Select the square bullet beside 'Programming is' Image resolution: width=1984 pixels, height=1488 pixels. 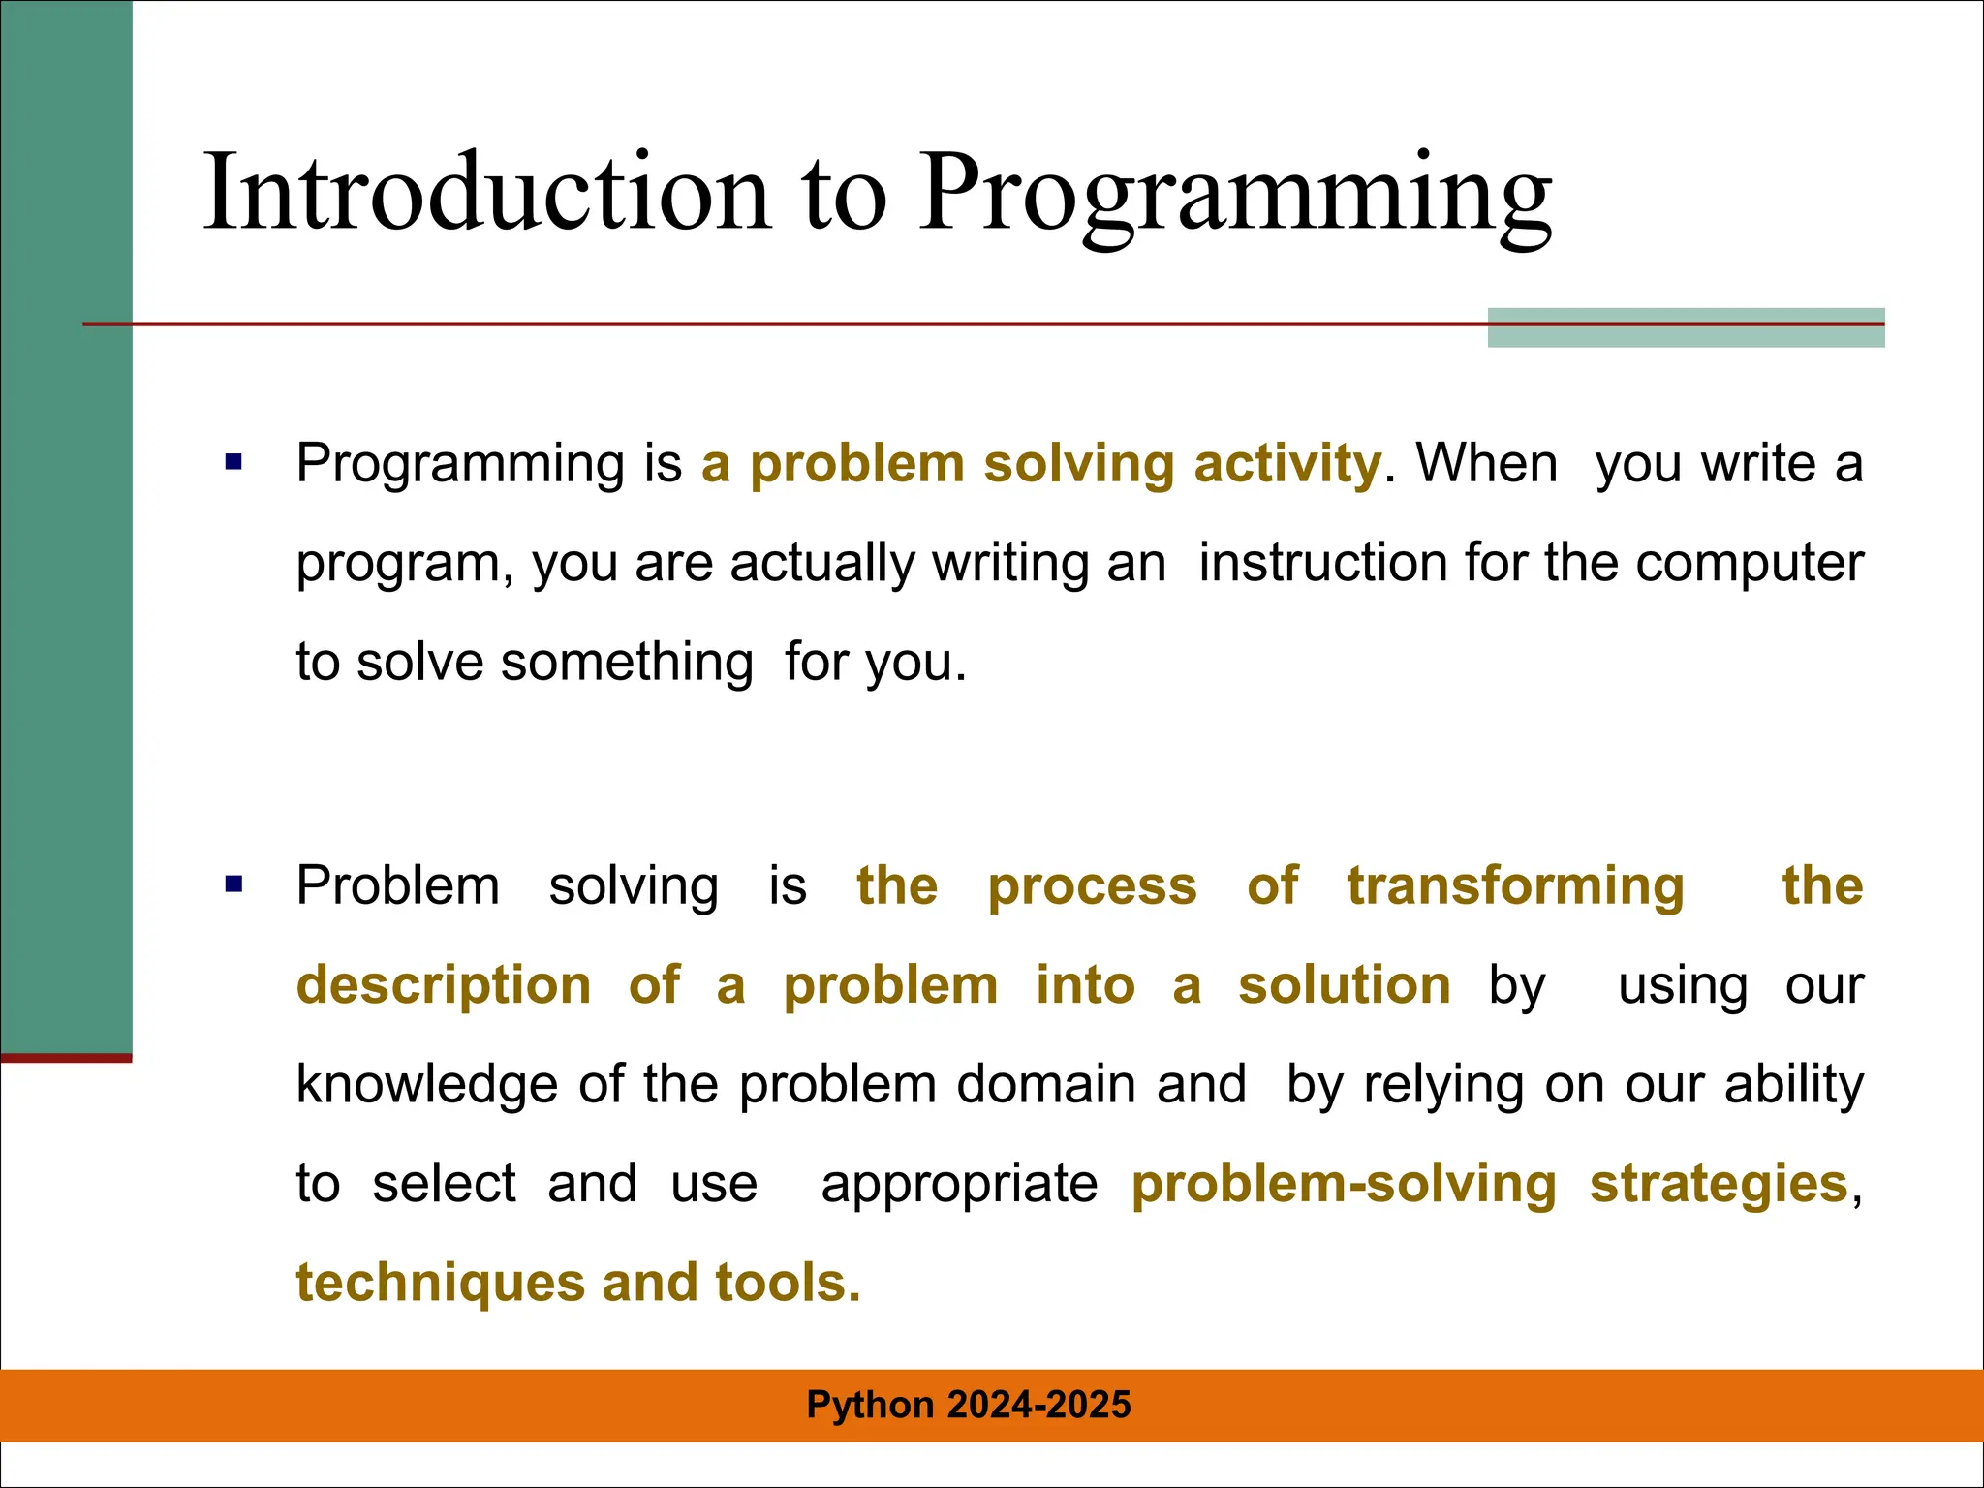(x=233, y=462)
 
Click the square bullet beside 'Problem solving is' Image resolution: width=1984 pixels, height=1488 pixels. (x=233, y=884)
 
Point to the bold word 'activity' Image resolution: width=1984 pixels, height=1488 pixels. (x=1286, y=463)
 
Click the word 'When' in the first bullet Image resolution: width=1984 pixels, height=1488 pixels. (x=1486, y=463)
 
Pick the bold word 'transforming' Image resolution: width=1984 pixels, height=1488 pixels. (x=1515, y=885)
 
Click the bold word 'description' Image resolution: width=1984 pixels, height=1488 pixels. (x=444, y=985)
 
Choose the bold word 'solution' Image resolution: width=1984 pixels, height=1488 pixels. (x=1344, y=985)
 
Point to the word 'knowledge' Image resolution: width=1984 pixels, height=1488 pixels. (x=426, y=1084)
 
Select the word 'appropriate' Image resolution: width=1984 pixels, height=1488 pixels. (x=959, y=1184)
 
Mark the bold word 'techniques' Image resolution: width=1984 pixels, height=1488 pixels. (x=440, y=1283)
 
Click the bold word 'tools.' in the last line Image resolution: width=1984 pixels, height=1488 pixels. (x=788, y=1283)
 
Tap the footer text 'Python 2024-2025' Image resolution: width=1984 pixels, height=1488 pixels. (x=968, y=1405)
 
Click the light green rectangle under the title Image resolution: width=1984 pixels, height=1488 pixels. (x=1686, y=335)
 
